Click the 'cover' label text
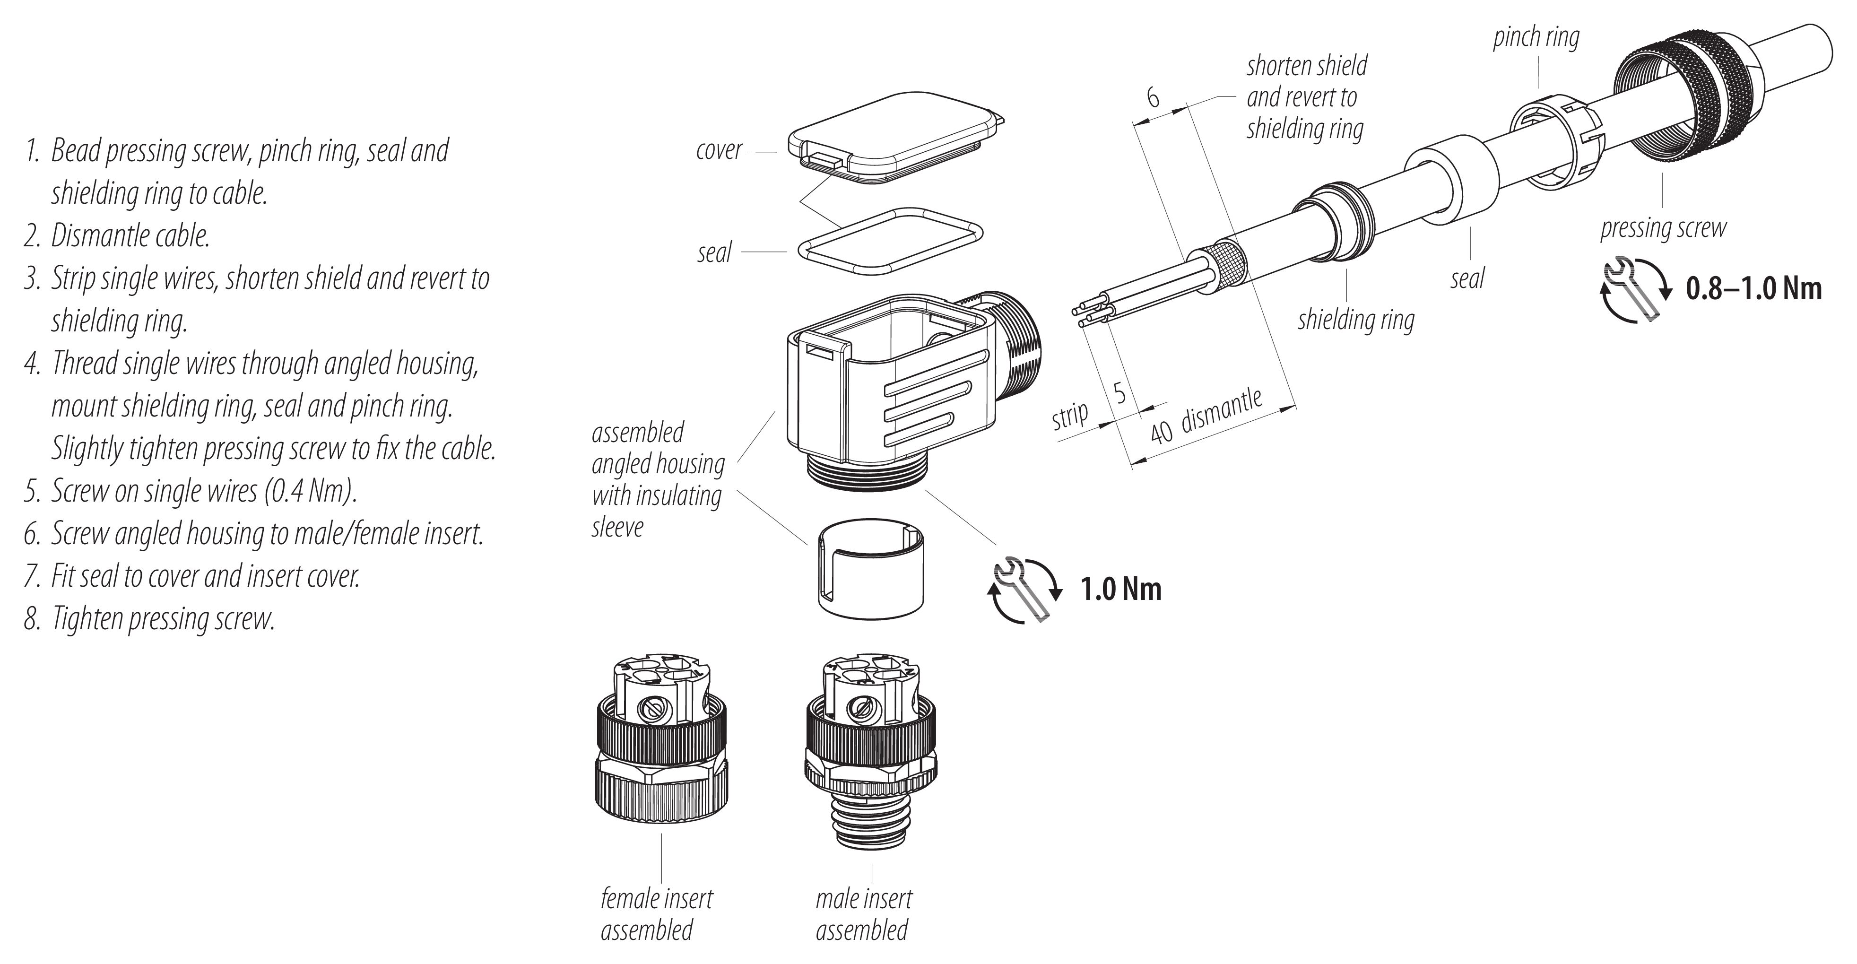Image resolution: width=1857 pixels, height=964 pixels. pos(719,150)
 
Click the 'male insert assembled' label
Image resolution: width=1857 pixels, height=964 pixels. pos(864,914)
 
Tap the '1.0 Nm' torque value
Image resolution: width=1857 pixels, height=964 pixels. pos(1121,590)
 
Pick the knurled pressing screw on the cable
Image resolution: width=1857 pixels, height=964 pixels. pos(1673,108)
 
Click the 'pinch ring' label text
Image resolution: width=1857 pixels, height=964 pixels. pos(1536,37)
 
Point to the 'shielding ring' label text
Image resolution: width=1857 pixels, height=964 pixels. pos(1356,320)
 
